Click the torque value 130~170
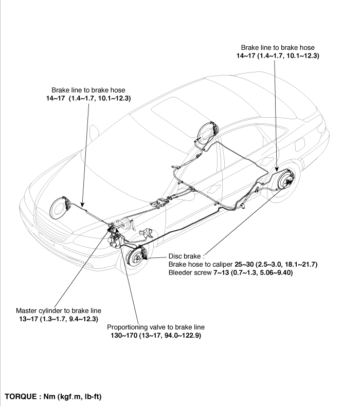[x=124, y=336]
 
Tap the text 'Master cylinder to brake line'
[x=59, y=311]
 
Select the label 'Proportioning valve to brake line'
[x=156, y=327]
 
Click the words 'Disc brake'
[x=185, y=256]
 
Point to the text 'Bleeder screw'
[x=190, y=273]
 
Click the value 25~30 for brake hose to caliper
[x=244, y=264]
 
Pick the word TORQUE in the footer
[x=21, y=397]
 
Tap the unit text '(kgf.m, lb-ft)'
[x=80, y=397]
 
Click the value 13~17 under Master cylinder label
[x=28, y=319]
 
